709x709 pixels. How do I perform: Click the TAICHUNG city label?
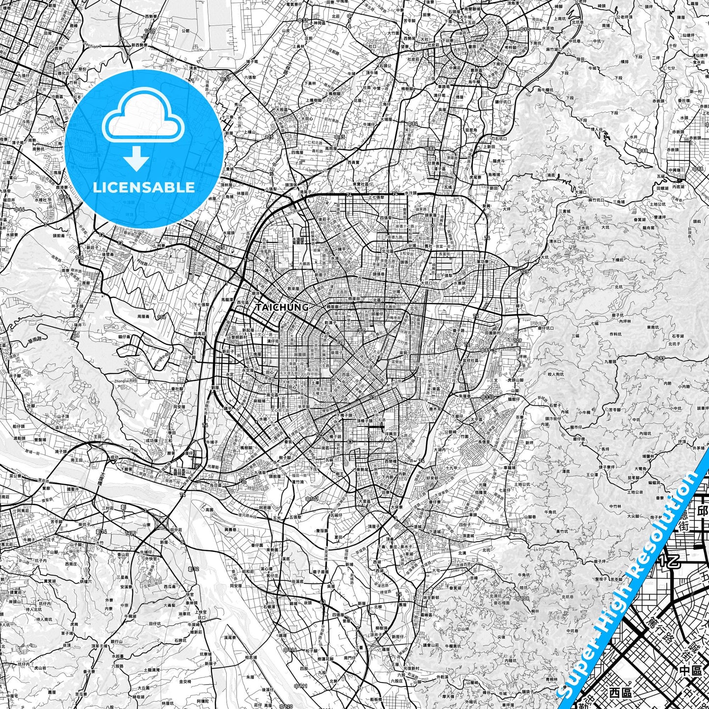tap(282, 307)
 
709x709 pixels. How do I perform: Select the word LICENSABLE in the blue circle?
tap(144, 187)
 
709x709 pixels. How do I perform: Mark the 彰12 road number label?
tap(194, 569)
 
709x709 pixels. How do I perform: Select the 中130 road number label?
tap(488, 397)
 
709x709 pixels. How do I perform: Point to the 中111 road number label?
tap(300, 685)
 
